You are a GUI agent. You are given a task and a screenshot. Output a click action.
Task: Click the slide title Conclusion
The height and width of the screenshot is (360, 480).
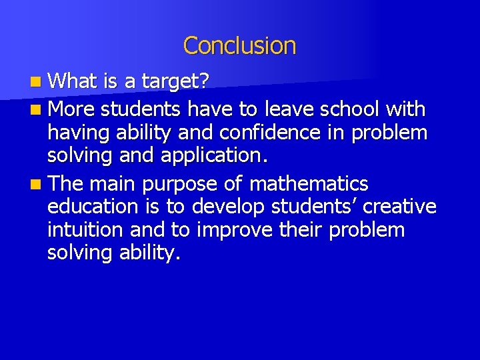tap(239, 46)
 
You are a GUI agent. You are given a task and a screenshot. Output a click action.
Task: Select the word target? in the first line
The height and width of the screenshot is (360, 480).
tap(174, 81)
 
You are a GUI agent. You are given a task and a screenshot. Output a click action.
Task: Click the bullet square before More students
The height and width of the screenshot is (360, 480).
tap(41, 109)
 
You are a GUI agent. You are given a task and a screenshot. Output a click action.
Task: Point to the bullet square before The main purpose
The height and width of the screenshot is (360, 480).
tap(41, 184)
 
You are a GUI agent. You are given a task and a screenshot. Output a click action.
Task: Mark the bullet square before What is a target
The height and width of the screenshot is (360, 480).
tap(41, 82)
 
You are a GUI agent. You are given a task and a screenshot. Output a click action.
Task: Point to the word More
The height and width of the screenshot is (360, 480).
tap(73, 108)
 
